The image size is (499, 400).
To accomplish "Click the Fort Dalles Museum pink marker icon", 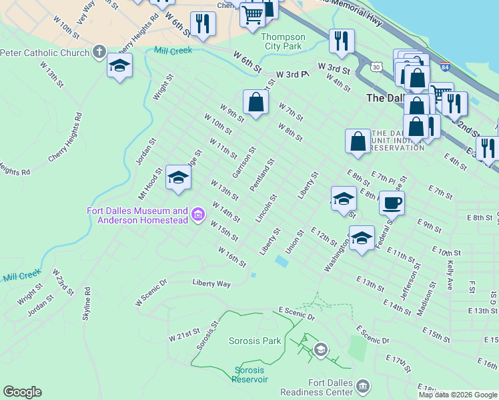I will pyautogui.click(x=197, y=215).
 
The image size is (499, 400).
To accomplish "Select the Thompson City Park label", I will pyautogui.click(x=284, y=41).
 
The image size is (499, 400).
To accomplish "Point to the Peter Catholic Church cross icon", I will pyautogui.click(x=99, y=51).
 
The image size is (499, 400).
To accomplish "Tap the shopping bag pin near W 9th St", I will pyautogui.click(x=256, y=102).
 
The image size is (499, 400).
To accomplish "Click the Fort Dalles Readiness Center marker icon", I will pyautogui.click(x=363, y=386).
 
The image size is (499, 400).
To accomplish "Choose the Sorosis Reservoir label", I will pyautogui.click(x=249, y=375).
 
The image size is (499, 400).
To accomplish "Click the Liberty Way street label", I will pyautogui.click(x=211, y=283).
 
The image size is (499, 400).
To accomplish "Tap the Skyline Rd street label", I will pyautogui.click(x=87, y=304).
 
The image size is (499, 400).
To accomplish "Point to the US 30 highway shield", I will pyautogui.click(x=378, y=67).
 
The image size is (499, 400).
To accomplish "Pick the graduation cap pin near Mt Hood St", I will pyautogui.click(x=178, y=177).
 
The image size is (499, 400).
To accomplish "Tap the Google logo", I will pyautogui.click(x=22, y=392).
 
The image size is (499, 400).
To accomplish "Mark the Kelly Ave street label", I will pyautogui.click(x=450, y=275).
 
